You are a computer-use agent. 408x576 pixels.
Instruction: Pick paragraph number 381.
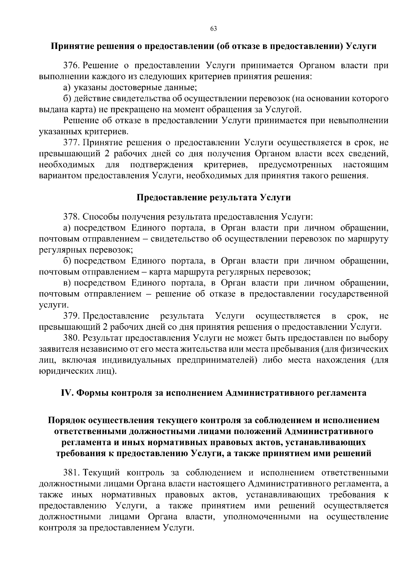click(x=71, y=472)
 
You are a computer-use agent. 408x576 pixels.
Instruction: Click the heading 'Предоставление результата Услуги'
click(x=214, y=197)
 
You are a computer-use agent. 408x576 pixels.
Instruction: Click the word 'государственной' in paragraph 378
click(x=354, y=294)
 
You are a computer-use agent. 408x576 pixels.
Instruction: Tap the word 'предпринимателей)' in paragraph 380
click(x=216, y=360)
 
